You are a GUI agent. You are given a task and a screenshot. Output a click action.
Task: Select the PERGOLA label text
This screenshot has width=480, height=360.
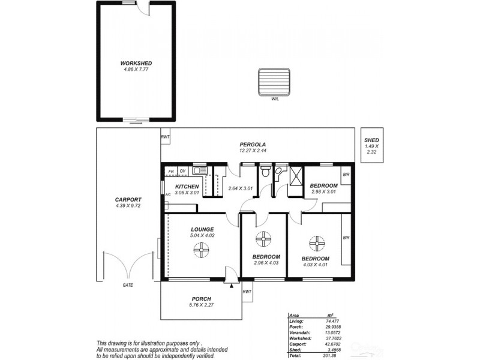(253, 144)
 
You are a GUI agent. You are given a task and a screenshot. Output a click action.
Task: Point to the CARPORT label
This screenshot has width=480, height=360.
(128, 199)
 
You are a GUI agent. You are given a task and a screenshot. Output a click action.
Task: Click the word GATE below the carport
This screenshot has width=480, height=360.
(128, 285)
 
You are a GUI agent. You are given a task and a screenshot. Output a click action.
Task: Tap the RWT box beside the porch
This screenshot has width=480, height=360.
(247, 292)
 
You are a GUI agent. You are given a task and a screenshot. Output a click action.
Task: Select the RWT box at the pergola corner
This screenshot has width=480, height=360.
(164, 137)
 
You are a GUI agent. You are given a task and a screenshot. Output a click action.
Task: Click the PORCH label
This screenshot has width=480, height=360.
(201, 299)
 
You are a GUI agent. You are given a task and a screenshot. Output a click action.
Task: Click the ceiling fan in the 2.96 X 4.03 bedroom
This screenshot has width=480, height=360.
(263, 240)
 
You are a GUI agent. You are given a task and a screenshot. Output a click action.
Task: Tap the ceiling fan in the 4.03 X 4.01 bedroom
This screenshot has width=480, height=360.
(316, 244)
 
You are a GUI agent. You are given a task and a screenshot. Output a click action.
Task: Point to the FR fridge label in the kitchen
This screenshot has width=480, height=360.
(171, 171)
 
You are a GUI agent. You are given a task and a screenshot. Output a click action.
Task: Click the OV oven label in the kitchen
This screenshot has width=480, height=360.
(182, 171)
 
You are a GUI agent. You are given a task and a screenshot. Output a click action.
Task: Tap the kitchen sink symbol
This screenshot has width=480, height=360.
(200, 170)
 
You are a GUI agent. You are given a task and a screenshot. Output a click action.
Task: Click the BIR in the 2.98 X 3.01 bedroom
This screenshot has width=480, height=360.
(346, 175)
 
